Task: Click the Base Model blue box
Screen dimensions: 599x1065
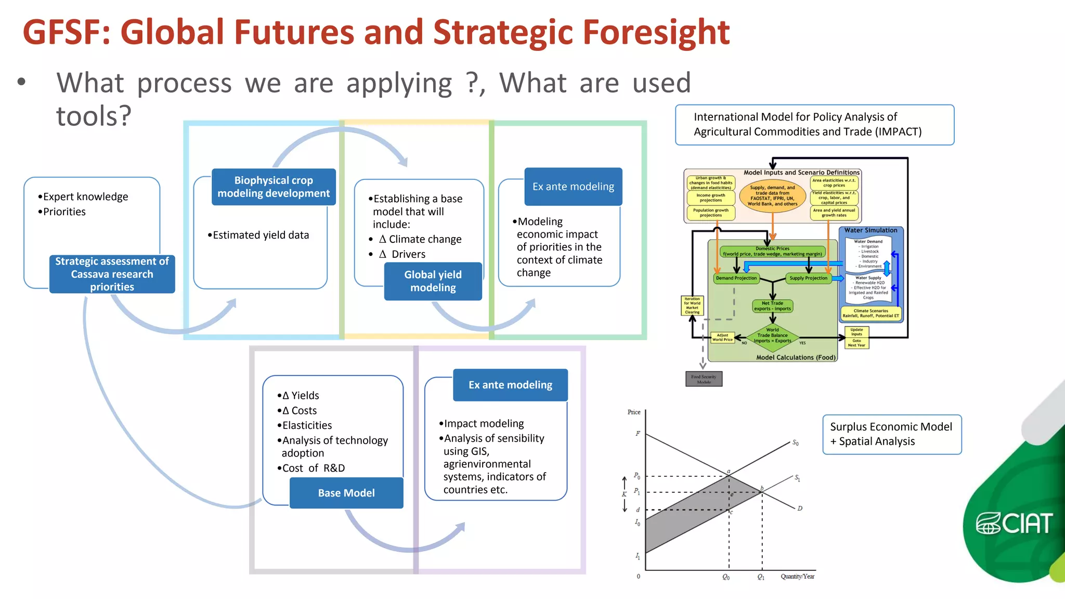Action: (x=346, y=492)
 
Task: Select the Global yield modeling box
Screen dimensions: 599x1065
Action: (x=433, y=281)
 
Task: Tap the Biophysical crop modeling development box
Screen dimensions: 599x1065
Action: (x=274, y=187)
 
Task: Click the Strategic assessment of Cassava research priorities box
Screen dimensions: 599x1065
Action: (x=112, y=274)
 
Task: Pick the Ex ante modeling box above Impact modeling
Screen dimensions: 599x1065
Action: (x=510, y=385)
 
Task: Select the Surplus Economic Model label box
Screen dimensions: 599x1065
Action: (x=891, y=434)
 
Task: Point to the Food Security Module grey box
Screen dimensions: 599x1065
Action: (x=704, y=379)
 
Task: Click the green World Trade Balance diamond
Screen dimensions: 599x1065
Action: (x=772, y=335)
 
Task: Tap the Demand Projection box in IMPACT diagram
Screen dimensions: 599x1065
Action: (x=736, y=278)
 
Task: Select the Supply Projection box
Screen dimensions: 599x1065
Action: (x=808, y=278)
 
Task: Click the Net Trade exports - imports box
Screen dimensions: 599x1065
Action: (x=772, y=306)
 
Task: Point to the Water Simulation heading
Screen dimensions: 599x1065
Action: (x=871, y=230)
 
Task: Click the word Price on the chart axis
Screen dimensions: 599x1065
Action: (x=634, y=412)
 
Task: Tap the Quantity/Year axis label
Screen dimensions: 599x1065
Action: (x=797, y=576)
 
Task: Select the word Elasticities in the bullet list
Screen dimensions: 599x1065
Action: (x=307, y=425)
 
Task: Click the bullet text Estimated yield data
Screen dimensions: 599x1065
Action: (x=261, y=235)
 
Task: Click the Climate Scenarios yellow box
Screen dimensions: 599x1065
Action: (x=871, y=313)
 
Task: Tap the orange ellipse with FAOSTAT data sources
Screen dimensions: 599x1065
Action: (x=772, y=196)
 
